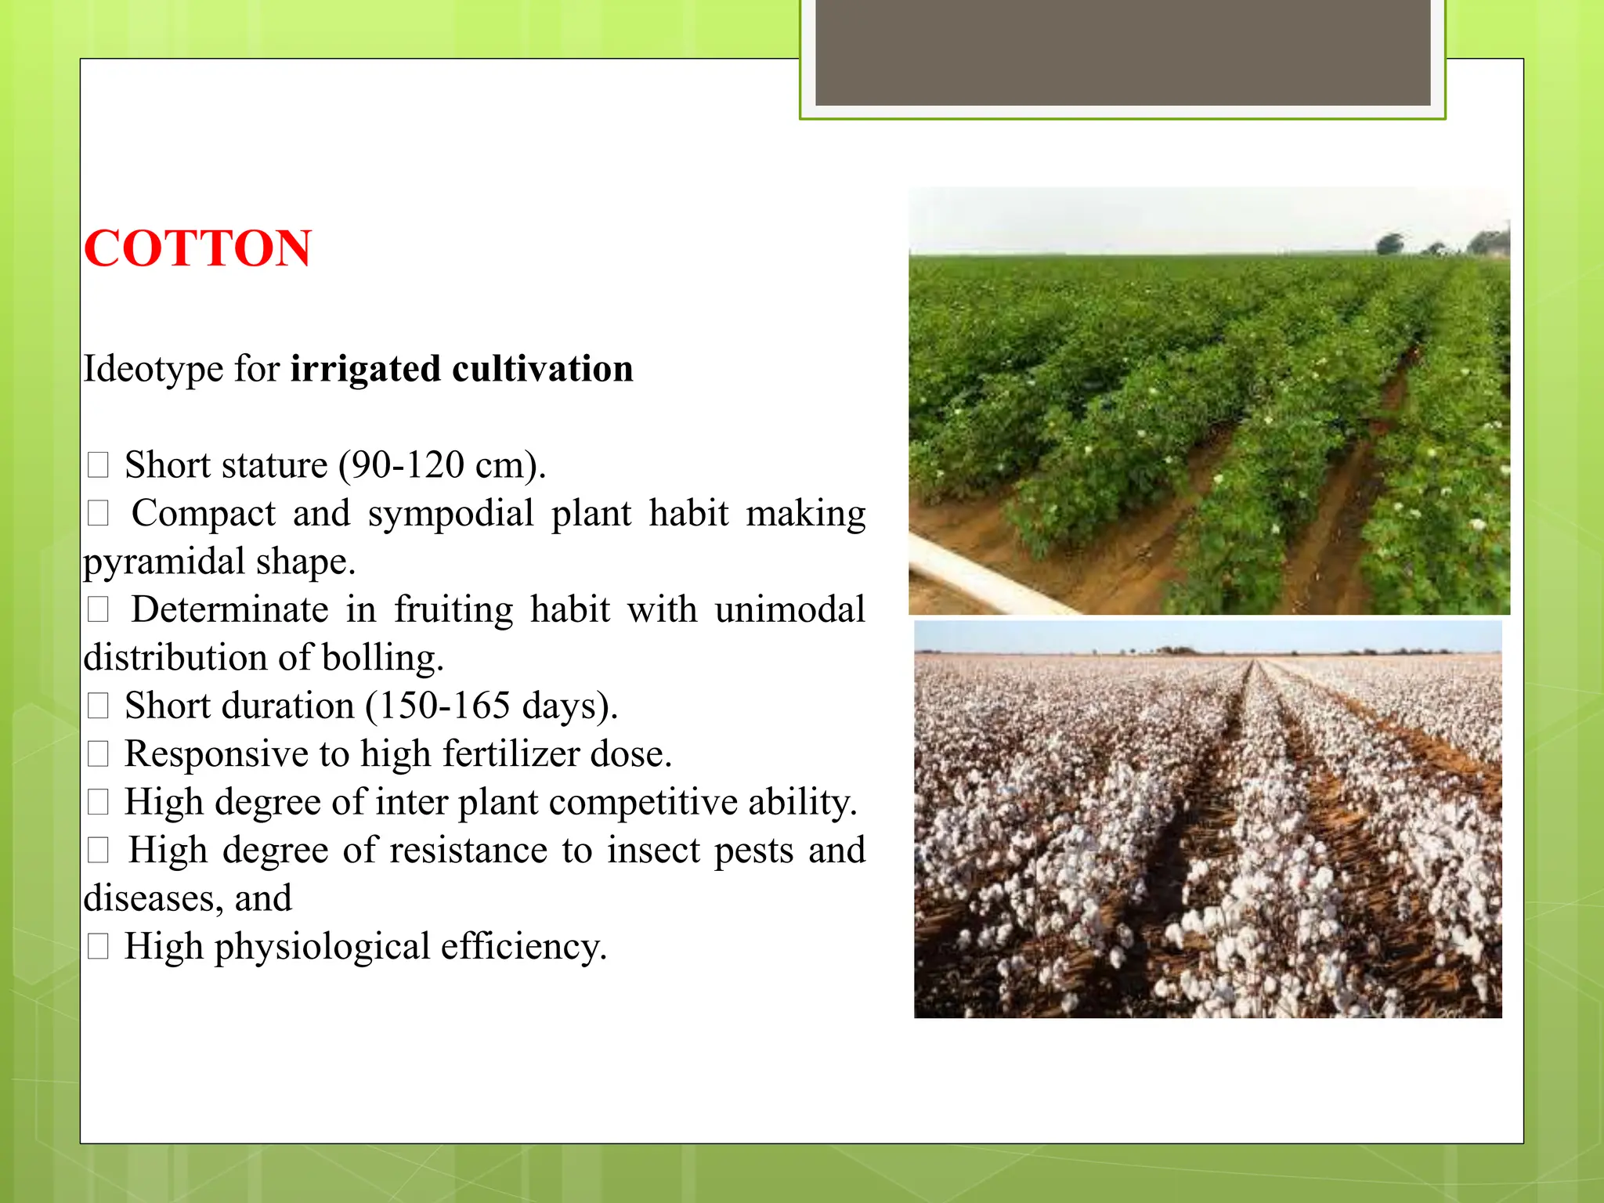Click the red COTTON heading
[x=197, y=248]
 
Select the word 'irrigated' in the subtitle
[x=365, y=369]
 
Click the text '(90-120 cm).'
[x=442, y=465]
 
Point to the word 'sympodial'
[x=450, y=514]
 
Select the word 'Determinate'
[x=229, y=609]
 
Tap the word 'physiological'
[x=322, y=946]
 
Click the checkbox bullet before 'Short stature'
[x=98, y=465]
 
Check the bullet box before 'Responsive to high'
[x=98, y=754]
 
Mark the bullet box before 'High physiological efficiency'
[x=98, y=947]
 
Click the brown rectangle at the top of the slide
[x=1122, y=52]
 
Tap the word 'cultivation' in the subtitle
[x=543, y=369]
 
